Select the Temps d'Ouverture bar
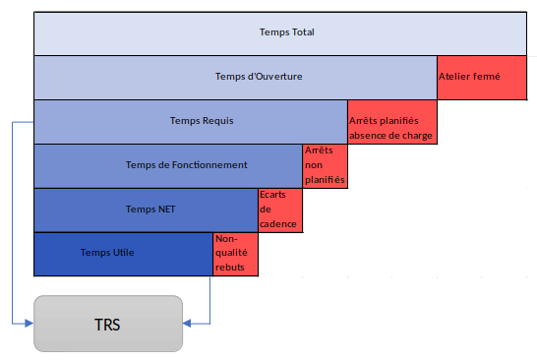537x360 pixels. click(235, 78)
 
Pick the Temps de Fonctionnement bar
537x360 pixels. click(167, 165)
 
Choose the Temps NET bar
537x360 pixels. click(146, 210)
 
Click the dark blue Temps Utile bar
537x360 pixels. click(123, 254)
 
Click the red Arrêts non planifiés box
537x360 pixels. click(325, 165)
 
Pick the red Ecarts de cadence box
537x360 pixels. click(279, 210)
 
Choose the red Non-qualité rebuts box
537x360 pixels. click(235, 254)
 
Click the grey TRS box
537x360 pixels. click(108, 323)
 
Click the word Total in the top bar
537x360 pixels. click(303, 32)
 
